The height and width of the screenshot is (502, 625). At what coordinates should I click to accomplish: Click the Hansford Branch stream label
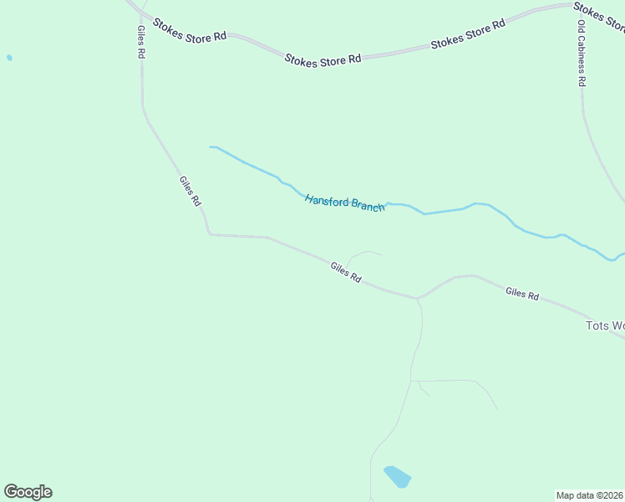click(x=344, y=202)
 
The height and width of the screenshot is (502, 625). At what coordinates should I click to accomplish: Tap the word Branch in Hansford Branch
click(x=368, y=206)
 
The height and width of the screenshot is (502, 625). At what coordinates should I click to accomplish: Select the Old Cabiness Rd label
click(x=582, y=53)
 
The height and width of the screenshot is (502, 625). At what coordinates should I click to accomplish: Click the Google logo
click(x=28, y=492)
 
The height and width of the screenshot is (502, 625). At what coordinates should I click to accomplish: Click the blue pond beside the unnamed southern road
click(x=397, y=477)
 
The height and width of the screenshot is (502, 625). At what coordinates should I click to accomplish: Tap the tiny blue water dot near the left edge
click(x=9, y=58)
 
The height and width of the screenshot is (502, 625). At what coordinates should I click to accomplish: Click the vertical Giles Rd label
click(x=141, y=40)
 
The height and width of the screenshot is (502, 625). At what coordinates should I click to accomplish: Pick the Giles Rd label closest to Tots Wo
click(x=521, y=294)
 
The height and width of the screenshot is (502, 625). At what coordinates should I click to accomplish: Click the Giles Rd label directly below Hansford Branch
click(x=345, y=272)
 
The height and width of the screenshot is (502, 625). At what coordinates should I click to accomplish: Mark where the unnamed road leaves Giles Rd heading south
click(x=417, y=299)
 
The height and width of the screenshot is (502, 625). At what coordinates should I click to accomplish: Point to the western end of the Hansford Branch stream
click(x=211, y=146)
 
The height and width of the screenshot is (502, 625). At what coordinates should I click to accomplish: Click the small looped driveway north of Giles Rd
click(x=364, y=253)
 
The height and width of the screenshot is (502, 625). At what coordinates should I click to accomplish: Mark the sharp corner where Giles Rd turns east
click(x=209, y=234)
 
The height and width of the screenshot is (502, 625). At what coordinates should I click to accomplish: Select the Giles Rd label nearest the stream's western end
click(x=190, y=191)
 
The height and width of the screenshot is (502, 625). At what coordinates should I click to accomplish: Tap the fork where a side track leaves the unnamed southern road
click(x=411, y=381)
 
